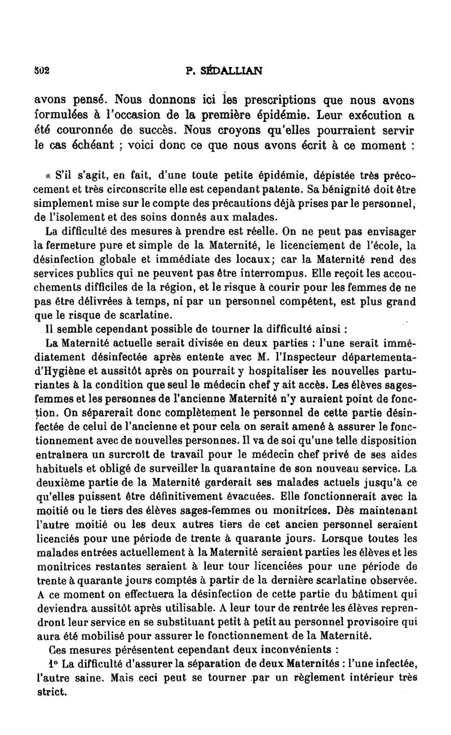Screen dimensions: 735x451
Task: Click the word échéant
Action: click(x=97, y=145)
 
